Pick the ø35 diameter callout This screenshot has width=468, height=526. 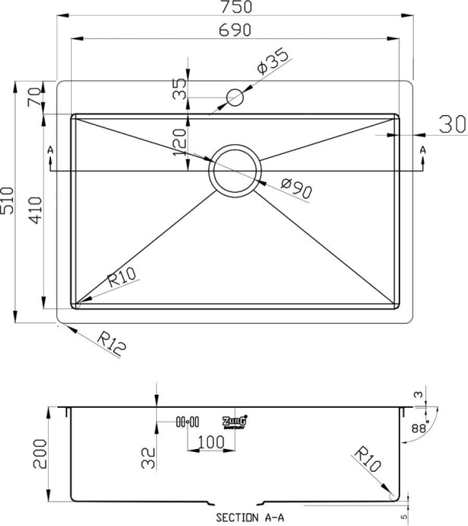[272, 62]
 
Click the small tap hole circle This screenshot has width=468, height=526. [235, 98]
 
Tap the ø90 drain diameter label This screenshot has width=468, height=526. [297, 188]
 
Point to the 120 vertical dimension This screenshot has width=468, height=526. [181, 142]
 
